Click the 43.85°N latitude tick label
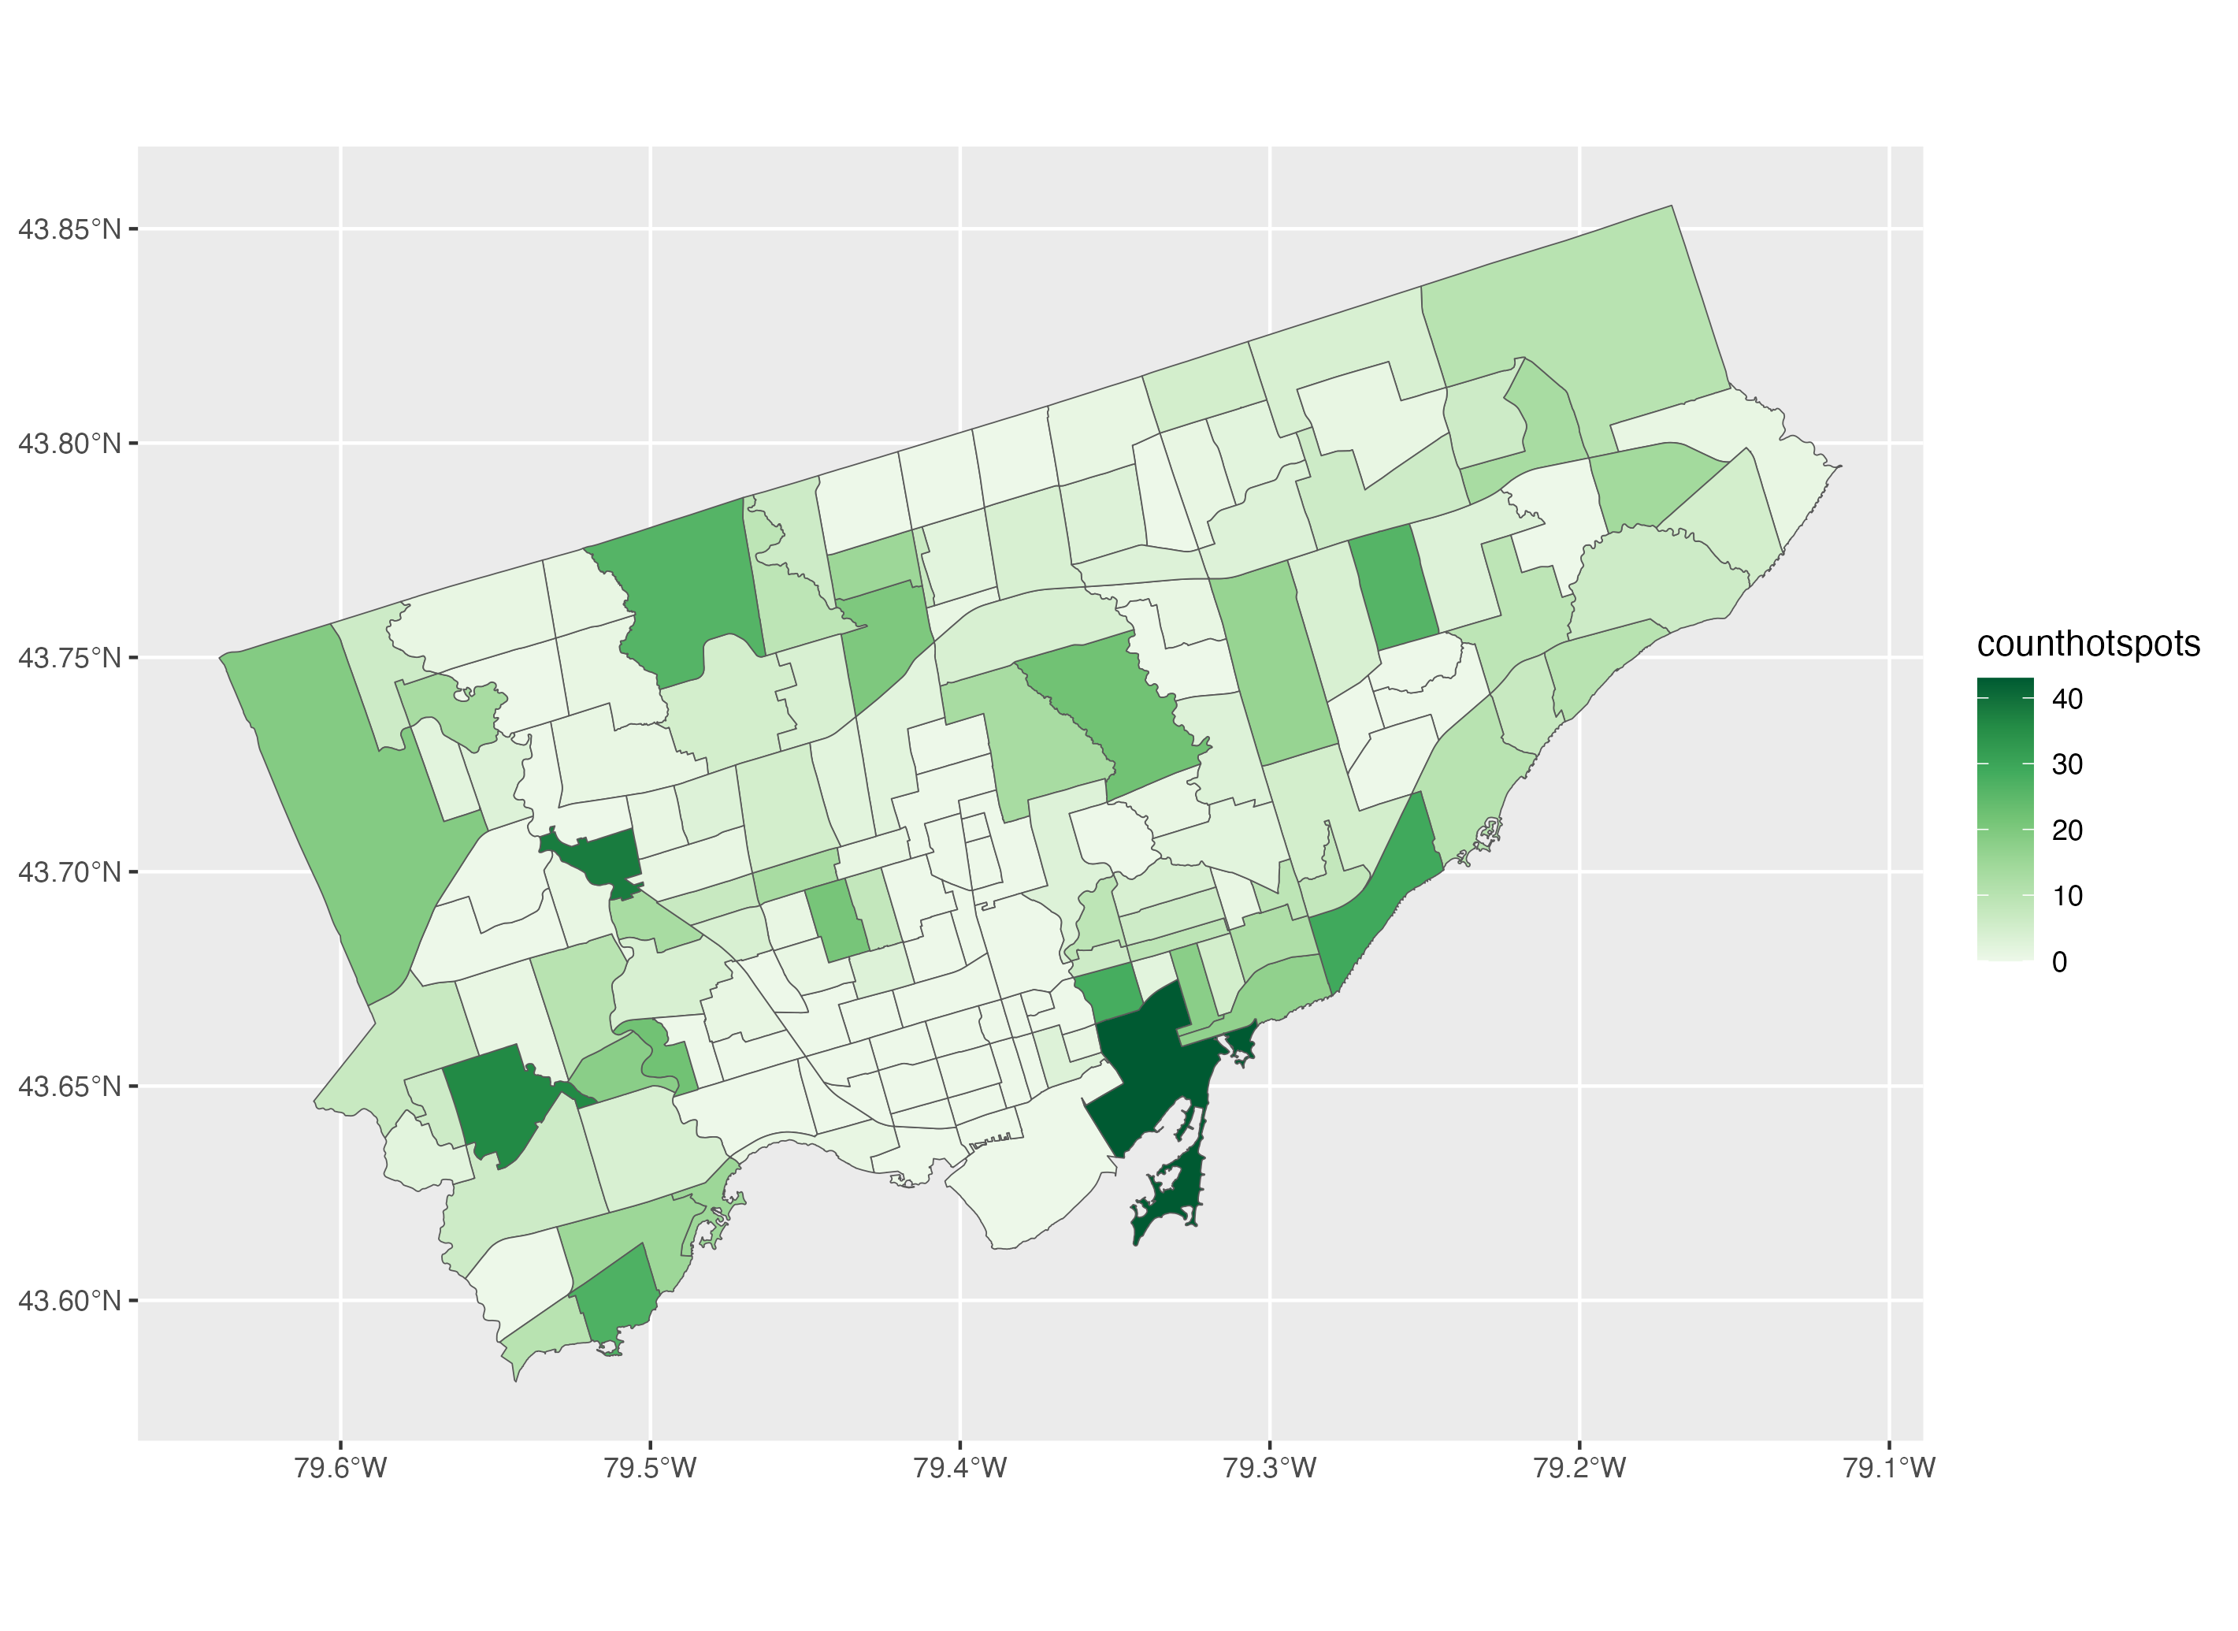coord(69,230)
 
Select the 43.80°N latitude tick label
coord(69,444)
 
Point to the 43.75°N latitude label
coord(69,659)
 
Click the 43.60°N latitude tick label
coord(69,1301)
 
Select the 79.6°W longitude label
coord(340,1468)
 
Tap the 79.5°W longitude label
coord(651,1468)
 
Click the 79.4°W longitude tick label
coord(960,1468)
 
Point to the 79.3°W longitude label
coord(1270,1468)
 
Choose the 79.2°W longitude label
coord(1579,1468)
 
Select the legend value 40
coord(2067,699)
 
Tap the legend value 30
coord(2067,764)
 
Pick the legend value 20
coord(2067,830)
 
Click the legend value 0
coord(2059,961)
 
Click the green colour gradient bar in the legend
coord(2005,819)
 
